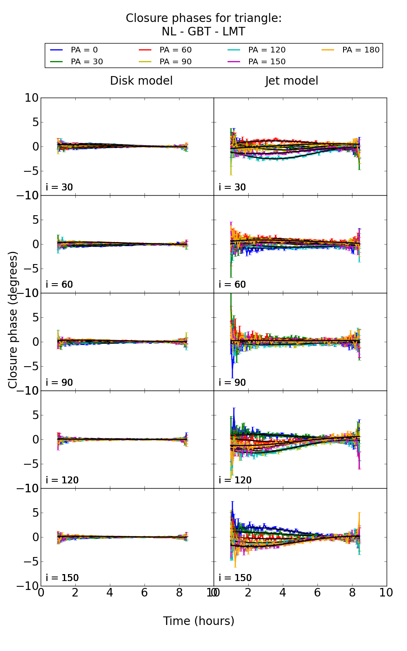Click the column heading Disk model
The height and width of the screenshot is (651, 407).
[x=141, y=81]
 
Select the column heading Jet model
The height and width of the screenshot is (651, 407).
[x=291, y=81]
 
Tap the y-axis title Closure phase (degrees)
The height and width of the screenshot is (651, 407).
[x=13, y=320]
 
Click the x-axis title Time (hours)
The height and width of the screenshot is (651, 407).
[x=199, y=621]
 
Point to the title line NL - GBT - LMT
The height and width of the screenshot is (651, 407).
[x=203, y=32]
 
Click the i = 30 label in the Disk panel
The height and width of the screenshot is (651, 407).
[x=59, y=187]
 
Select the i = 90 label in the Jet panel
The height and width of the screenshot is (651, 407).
[x=232, y=382]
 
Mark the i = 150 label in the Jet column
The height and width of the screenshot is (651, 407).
[x=235, y=578]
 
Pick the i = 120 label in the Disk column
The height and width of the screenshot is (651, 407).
[x=62, y=480]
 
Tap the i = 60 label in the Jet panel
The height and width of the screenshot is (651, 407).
[x=232, y=284]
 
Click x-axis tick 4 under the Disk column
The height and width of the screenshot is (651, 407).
[x=110, y=593]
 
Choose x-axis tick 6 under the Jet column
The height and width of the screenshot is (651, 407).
[x=317, y=593]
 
